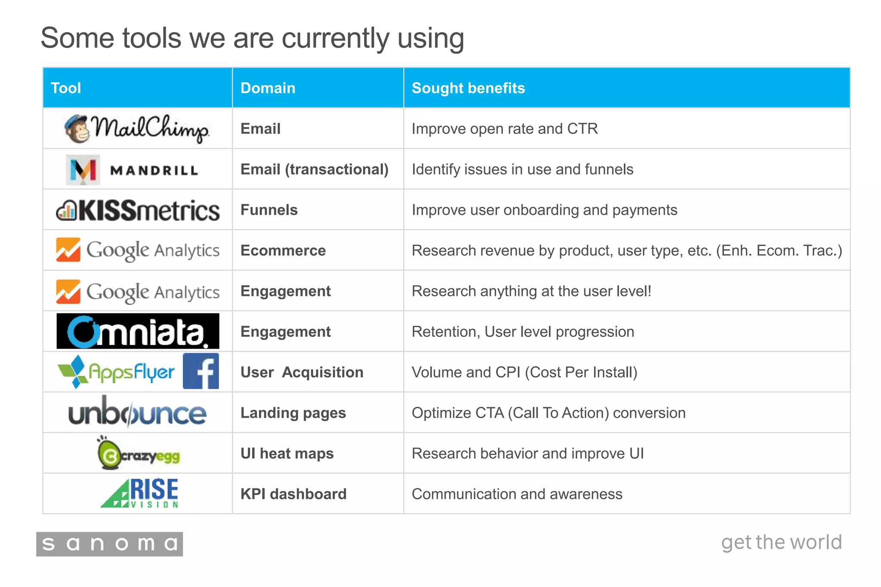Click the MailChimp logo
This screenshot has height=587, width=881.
(137, 129)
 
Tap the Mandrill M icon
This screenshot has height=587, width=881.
(83, 170)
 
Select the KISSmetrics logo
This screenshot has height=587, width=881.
(138, 211)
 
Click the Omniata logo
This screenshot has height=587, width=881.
(138, 331)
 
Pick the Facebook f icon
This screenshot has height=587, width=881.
(200, 371)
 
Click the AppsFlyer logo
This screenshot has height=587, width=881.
(116, 372)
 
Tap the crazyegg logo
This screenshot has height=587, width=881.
(139, 454)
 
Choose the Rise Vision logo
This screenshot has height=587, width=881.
(140, 494)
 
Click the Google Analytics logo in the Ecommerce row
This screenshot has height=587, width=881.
(138, 250)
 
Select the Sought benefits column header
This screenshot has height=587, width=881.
(468, 88)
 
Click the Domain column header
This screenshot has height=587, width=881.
(268, 88)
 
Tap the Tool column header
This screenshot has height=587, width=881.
(66, 88)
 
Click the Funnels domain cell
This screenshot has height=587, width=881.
(269, 210)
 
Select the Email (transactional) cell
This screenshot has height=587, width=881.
(314, 169)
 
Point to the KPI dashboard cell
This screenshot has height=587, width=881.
(293, 494)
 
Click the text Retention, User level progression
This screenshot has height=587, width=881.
(523, 332)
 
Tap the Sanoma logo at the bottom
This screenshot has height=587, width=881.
(110, 544)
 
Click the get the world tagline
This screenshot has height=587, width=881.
(781, 542)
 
